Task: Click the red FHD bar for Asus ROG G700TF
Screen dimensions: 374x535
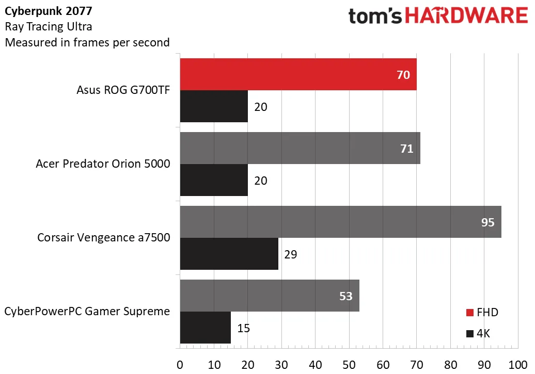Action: (298, 75)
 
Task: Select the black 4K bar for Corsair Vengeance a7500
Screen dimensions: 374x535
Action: (229, 254)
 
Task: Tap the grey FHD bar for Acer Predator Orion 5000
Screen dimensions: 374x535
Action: (300, 148)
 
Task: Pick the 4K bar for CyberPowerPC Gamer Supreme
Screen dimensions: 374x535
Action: (205, 328)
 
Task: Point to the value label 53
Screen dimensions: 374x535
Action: (345, 296)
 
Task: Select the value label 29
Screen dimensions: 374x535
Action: (291, 254)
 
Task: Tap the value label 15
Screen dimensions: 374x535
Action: (243, 328)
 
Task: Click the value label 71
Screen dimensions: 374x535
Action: (406, 149)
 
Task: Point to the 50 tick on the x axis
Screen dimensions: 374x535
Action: (349, 364)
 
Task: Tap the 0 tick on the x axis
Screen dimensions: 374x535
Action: (180, 364)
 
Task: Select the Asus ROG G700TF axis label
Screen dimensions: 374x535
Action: (124, 91)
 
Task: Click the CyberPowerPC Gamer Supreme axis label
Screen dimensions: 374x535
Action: (87, 311)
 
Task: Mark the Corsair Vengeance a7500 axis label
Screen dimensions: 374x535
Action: (104, 238)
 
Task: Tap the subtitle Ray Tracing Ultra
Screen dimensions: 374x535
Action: (49, 27)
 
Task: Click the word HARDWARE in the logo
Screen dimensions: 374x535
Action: (467, 17)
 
